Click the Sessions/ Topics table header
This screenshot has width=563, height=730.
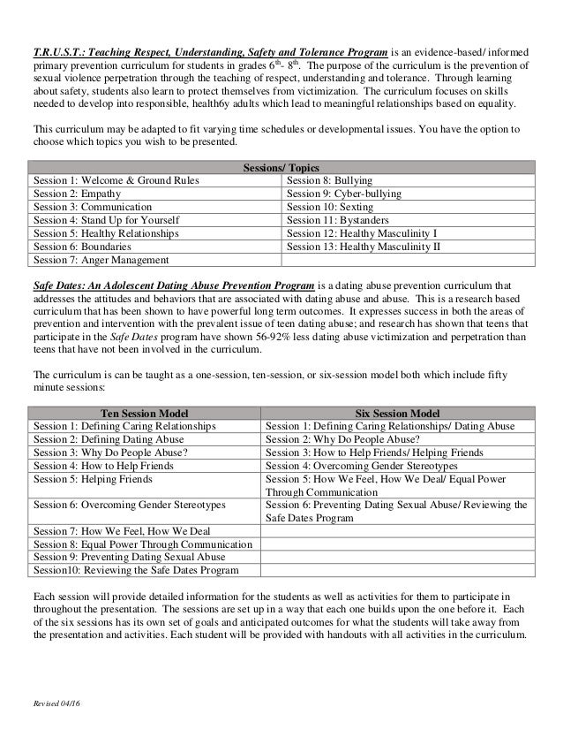[281, 167]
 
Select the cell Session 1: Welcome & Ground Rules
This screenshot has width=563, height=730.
[116, 180]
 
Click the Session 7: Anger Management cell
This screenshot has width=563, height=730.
[101, 260]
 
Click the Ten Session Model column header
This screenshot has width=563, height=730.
[146, 412]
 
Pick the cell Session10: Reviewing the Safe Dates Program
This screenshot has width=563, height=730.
[136, 571]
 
